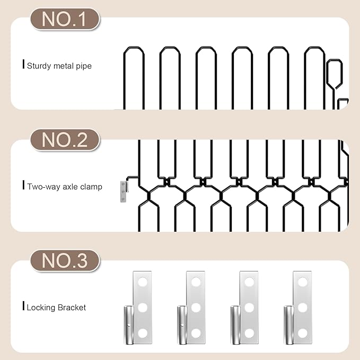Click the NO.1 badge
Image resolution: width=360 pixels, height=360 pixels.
tap(65, 19)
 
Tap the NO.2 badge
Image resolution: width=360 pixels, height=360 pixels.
tap(65, 140)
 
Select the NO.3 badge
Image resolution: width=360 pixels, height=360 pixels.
tap(65, 261)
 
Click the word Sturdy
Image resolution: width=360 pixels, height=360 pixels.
tap(39, 66)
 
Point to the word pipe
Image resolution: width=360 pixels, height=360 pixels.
tap(84, 66)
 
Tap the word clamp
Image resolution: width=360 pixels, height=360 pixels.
tap(91, 187)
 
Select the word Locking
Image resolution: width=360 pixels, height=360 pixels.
tap(41, 308)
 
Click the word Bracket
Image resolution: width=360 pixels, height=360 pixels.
tap(72, 308)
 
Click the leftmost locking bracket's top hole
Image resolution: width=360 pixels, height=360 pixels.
tap(143, 282)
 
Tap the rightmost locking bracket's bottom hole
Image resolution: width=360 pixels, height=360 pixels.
tap(302, 333)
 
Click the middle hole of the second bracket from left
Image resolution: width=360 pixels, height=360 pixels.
tap(196, 308)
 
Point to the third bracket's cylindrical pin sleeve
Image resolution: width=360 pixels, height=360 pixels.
tap(235, 325)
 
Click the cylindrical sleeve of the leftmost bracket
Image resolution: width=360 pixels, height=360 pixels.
tap(129, 325)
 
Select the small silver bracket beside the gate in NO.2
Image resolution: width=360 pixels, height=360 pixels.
tap(124, 191)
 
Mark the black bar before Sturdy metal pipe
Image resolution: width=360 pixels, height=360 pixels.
tap(23, 64)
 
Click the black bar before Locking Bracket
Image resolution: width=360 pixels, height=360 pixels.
tap(23, 305)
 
